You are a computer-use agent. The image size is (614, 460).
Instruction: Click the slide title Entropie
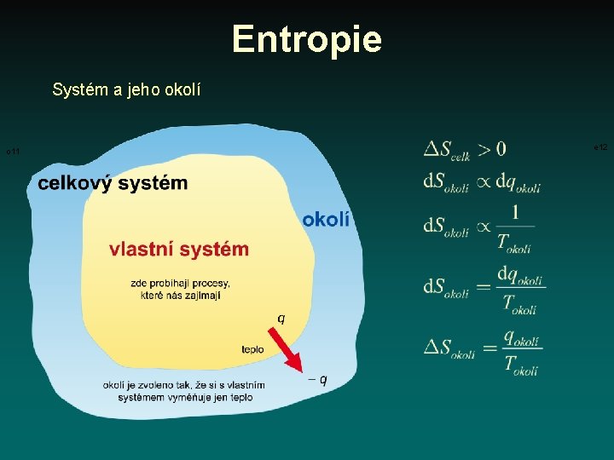[306, 38]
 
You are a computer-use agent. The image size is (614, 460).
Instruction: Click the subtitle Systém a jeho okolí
[126, 89]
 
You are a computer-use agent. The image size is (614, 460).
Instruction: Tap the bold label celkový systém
[113, 183]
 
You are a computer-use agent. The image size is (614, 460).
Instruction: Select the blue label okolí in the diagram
[326, 220]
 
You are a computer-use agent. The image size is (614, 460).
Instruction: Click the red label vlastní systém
[179, 249]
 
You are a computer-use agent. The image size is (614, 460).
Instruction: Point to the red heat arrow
[290, 351]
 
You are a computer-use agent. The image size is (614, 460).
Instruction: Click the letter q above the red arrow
[281, 318]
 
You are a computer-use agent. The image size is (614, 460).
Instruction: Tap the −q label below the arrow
[317, 379]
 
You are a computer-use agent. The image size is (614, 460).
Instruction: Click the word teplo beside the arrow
[252, 349]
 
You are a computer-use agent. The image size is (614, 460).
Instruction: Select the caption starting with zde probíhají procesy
[180, 289]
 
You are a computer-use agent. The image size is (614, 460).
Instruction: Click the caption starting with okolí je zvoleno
[184, 391]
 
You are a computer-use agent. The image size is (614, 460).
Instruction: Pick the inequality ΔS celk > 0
[465, 150]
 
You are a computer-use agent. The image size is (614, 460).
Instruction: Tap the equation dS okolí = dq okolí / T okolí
[484, 289]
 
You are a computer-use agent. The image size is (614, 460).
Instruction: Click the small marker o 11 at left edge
[13, 152]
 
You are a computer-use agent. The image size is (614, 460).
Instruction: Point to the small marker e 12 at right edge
[600, 147]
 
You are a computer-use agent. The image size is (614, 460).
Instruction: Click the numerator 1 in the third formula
[515, 212]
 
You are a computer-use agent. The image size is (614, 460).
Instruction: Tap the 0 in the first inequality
[500, 148]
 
